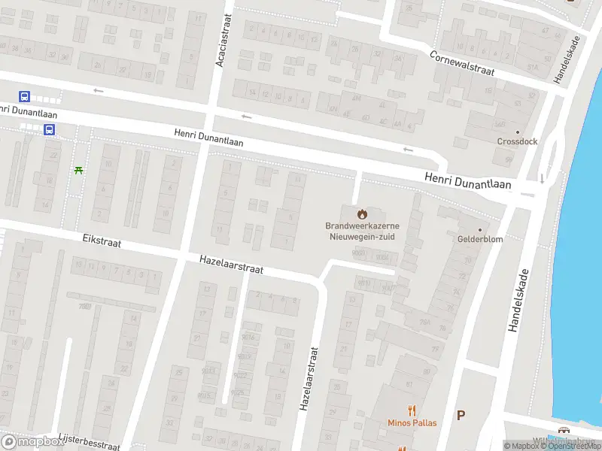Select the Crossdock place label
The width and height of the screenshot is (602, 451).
(516, 141)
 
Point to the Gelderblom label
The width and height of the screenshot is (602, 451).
(480, 239)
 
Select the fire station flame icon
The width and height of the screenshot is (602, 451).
(360, 213)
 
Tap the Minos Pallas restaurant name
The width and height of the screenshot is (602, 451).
(412, 423)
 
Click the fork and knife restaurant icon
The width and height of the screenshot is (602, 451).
(412, 410)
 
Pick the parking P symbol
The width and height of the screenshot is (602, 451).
(461, 415)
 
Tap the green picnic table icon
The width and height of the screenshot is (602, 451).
(79, 170)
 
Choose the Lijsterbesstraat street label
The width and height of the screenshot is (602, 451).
(89, 442)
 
